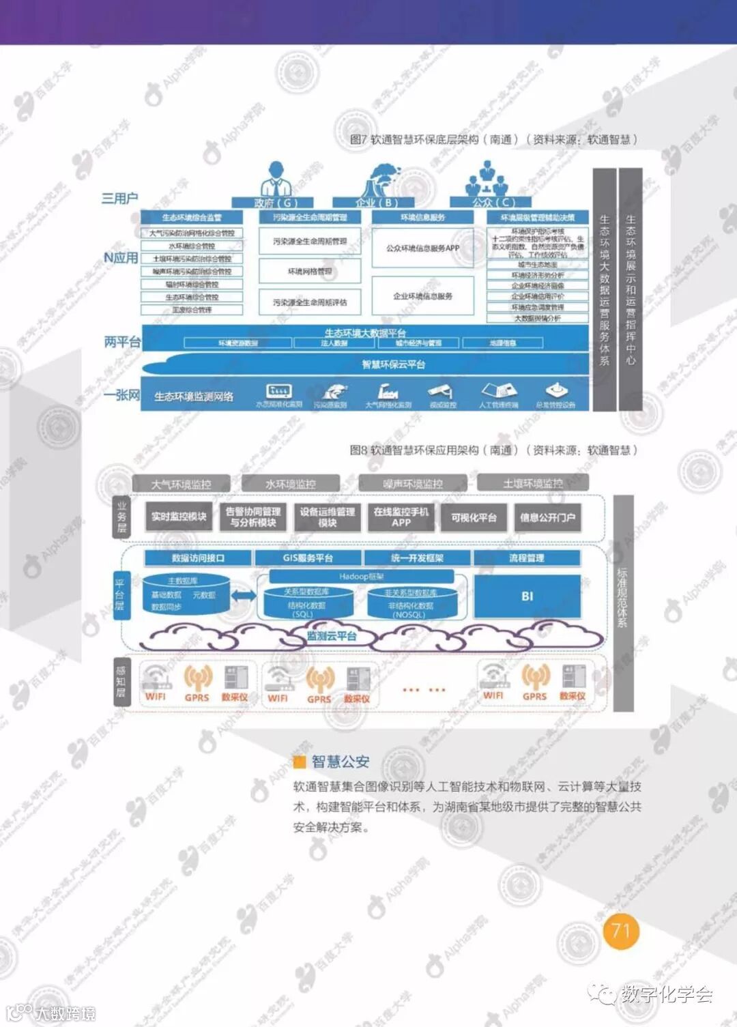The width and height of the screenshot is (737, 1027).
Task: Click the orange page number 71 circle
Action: click(x=621, y=931)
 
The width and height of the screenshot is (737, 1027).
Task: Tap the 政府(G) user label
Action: click(x=274, y=202)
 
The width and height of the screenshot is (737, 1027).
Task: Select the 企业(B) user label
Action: click(x=375, y=202)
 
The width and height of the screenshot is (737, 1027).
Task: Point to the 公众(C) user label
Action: click(x=493, y=202)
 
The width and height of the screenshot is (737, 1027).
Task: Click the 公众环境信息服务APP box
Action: click(x=422, y=248)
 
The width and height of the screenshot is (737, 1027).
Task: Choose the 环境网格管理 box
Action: click(x=309, y=272)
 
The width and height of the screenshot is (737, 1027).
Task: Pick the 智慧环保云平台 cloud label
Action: click(x=393, y=364)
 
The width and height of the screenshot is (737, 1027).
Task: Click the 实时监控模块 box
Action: click(x=179, y=517)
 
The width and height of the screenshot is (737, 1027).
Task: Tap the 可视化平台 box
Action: click(x=474, y=517)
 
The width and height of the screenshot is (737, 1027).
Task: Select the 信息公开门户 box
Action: click(x=547, y=517)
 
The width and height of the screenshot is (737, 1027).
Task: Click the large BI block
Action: click(x=527, y=596)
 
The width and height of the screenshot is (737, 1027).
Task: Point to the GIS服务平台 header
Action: click(x=308, y=558)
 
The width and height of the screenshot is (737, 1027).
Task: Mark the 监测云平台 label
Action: click(x=332, y=636)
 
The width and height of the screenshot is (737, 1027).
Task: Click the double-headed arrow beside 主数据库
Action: click(x=243, y=596)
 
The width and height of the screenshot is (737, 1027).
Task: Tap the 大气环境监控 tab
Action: click(x=181, y=484)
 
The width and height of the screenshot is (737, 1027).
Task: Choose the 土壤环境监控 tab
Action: click(x=532, y=483)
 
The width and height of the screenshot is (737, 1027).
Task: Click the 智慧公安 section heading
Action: click(x=340, y=762)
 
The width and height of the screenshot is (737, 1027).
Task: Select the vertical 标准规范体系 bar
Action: click(x=622, y=601)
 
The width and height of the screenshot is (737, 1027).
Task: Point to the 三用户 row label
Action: click(x=119, y=199)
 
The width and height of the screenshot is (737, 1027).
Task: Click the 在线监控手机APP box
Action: click(x=401, y=517)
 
